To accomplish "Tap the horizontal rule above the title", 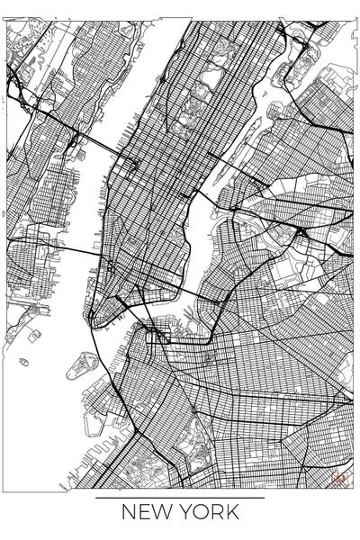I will click(180, 497).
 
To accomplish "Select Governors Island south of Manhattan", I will click(83, 364).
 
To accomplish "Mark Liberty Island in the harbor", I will click(24, 362).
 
